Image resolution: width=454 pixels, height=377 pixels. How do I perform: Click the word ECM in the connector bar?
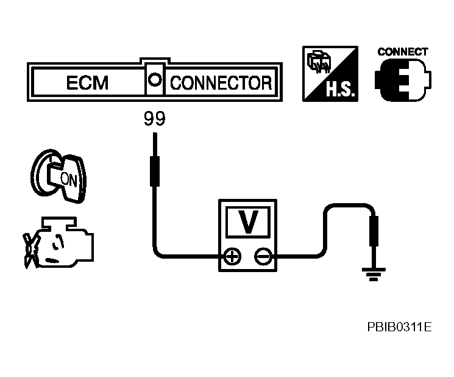87,82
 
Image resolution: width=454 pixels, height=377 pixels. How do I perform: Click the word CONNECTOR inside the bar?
221,83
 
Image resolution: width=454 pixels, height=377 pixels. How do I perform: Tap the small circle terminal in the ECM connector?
155,80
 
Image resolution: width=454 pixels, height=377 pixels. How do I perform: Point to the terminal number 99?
155,118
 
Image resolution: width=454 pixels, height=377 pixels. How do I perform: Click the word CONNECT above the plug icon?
403,52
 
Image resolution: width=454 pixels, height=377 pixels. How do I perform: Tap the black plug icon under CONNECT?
403,80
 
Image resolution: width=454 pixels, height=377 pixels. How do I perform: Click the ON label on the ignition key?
69,180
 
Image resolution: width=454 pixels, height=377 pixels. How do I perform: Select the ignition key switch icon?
59,176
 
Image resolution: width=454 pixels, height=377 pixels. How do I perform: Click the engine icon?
59,242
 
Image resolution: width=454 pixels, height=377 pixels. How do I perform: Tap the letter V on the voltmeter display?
248,221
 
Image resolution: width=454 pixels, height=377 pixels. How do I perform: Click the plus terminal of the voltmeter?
232,256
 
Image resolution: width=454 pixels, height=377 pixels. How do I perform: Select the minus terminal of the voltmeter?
263,256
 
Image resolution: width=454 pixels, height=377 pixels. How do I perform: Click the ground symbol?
374,275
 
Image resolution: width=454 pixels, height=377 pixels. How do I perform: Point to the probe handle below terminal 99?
155,171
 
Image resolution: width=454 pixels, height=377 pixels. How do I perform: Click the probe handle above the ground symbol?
374,231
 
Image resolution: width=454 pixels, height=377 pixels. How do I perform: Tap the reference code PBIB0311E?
399,327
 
